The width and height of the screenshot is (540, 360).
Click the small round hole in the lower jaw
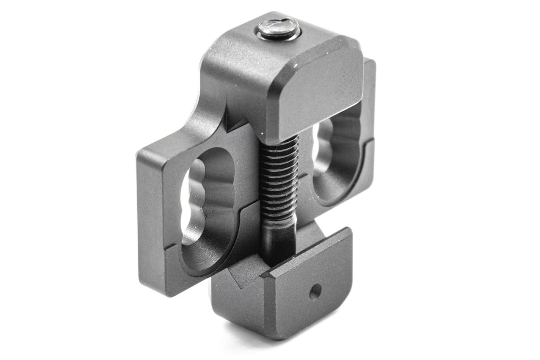313,295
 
